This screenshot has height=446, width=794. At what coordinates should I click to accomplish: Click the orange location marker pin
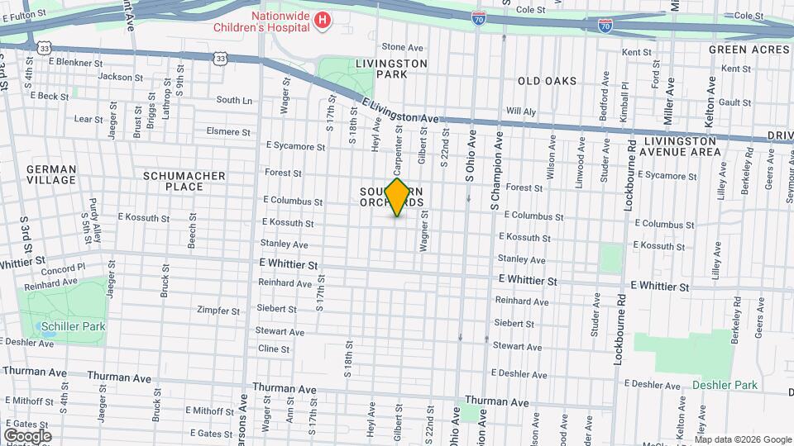click(397, 197)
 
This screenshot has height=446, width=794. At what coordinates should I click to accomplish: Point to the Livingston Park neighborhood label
click(391, 69)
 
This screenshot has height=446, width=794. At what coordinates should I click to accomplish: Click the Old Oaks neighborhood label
click(547, 81)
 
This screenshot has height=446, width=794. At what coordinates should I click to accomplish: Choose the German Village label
click(51, 174)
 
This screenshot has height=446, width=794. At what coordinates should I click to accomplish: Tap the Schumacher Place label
click(173, 181)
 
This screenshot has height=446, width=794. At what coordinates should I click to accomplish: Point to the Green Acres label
click(749, 50)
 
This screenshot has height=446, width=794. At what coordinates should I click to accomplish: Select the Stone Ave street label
click(402, 47)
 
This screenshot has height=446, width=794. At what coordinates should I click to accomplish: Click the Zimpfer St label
click(218, 311)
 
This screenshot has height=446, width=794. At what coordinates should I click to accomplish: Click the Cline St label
click(274, 349)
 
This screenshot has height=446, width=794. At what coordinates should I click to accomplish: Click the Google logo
click(27, 435)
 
